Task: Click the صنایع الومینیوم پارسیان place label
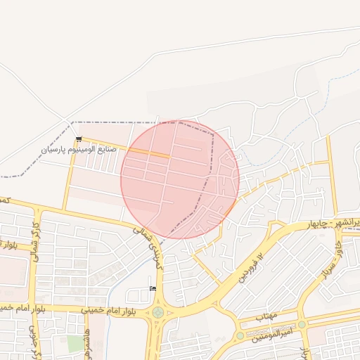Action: [77, 149]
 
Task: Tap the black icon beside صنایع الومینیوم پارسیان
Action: [78, 139]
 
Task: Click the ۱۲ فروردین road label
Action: [254, 268]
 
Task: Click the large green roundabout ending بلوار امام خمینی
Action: [158, 311]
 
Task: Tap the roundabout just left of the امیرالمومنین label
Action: [240, 336]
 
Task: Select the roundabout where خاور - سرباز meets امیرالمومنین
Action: [302, 324]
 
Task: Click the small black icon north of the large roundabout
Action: [153, 289]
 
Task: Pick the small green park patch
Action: [75, 344]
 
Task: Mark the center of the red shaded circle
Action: [180, 180]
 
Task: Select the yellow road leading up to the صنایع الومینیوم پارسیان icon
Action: [70, 176]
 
